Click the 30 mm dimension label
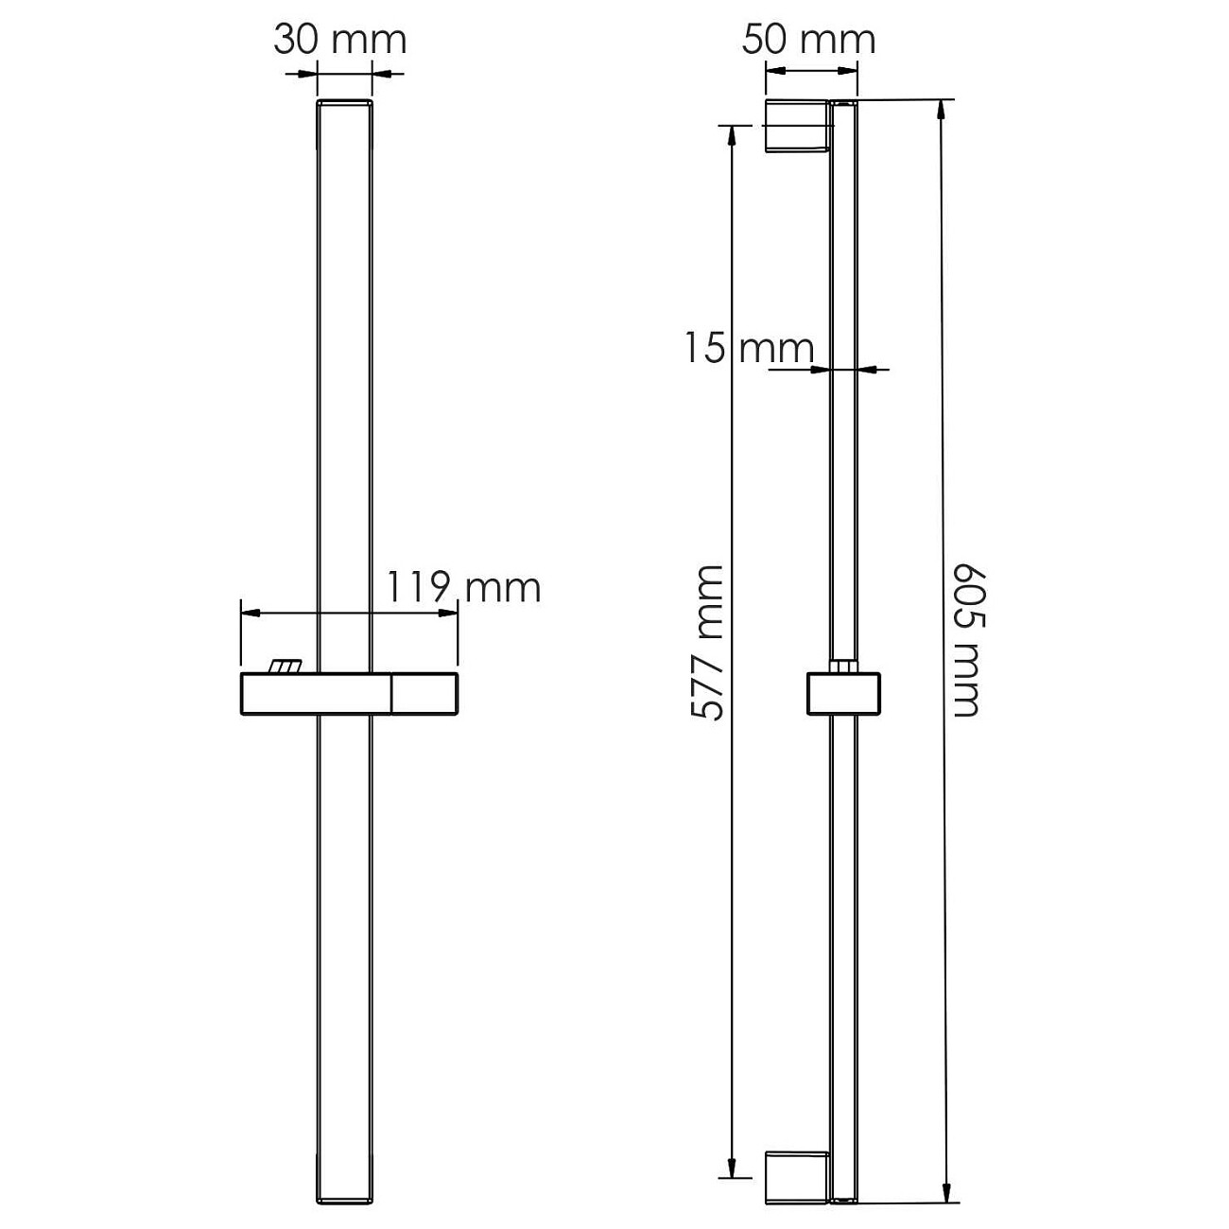340,40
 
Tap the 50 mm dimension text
808,40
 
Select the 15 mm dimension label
750,348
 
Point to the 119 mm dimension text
464,587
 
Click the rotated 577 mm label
707,643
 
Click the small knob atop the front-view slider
285,666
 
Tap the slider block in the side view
843,694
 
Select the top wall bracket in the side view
800,127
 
